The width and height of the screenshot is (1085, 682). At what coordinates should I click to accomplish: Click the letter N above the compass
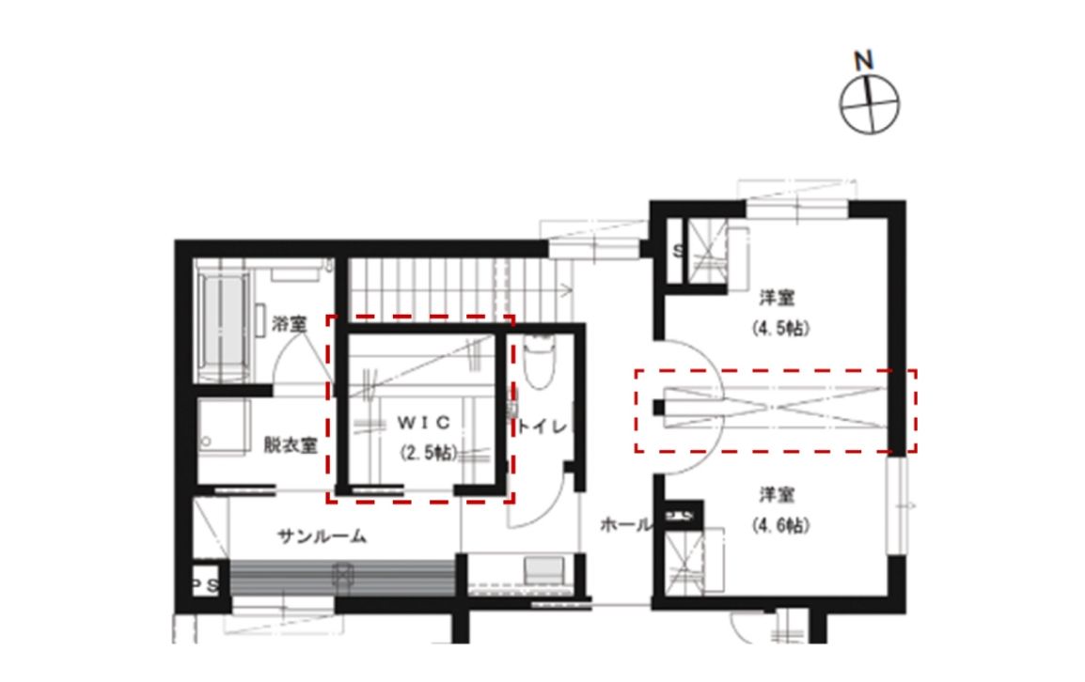[863, 61]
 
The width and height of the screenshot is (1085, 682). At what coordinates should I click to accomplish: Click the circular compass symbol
[869, 105]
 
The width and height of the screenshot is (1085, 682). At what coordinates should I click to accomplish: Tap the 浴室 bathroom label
[290, 323]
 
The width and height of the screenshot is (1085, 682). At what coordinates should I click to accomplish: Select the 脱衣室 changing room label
[291, 444]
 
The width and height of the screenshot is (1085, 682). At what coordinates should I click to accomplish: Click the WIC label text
[423, 422]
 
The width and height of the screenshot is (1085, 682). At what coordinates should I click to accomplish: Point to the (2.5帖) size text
[429, 453]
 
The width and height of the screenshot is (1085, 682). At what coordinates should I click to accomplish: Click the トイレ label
[543, 426]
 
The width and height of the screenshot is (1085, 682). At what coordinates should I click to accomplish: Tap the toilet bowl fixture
[540, 362]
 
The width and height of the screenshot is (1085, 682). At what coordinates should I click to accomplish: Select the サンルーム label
[322, 536]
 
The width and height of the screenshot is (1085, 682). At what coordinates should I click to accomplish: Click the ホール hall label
[625, 525]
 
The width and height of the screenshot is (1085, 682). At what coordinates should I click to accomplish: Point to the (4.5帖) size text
[780, 328]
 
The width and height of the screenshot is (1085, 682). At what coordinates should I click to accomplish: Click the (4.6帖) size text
[780, 525]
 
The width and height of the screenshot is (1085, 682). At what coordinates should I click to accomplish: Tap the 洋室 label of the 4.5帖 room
[777, 298]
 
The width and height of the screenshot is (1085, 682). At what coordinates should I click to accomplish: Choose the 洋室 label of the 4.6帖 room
[777, 495]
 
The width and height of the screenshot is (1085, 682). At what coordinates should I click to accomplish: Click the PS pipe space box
[206, 585]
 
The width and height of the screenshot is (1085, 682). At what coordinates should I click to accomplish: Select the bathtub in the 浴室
[224, 325]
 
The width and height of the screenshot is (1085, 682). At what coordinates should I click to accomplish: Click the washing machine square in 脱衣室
[224, 426]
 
